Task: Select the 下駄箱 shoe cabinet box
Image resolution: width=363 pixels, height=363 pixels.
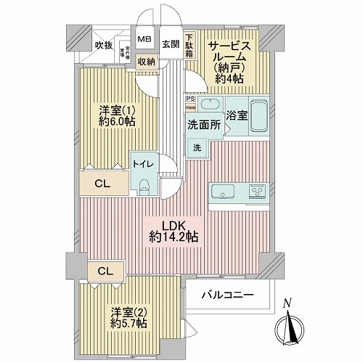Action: [x=189, y=46]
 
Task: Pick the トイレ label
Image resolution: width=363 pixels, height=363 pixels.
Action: [x=141, y=165]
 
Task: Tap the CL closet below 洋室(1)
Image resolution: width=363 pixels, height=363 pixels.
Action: [x=103, y=185]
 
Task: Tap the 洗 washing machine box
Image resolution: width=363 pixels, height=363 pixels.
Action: [x=197, y=148]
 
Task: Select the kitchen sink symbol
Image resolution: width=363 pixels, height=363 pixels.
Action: [x=221, y=192]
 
